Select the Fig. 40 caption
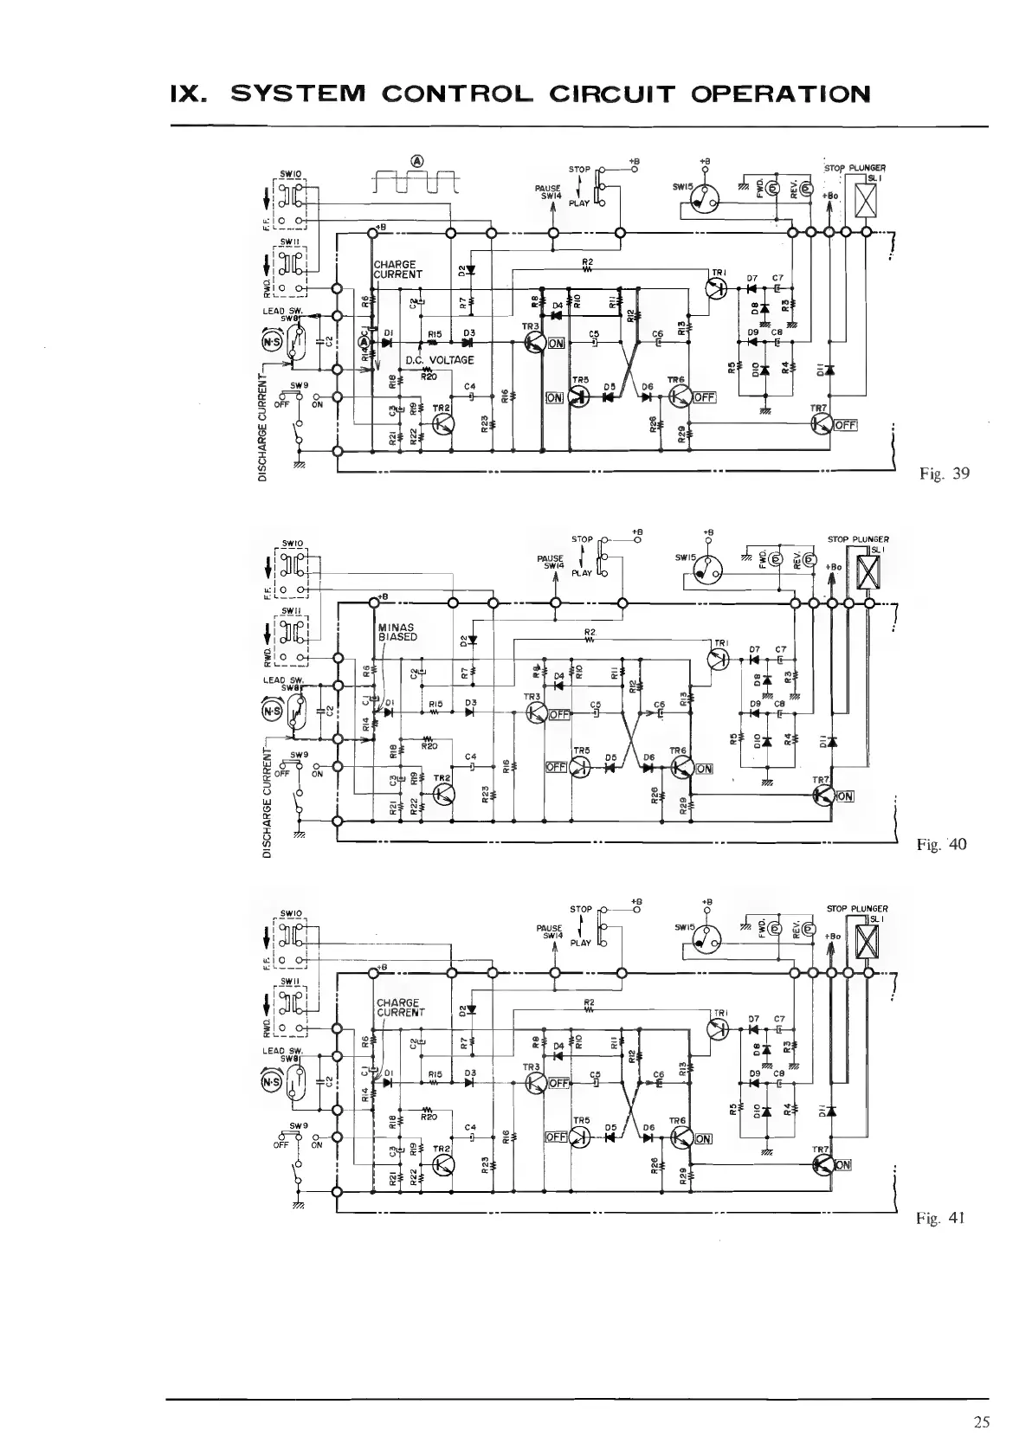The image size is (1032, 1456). (x=942, y=844)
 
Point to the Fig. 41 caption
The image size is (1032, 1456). (x=940, y=1218)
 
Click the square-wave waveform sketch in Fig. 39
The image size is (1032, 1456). (x=417, y=181)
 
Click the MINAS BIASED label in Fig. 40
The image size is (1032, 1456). (x=397, y=631)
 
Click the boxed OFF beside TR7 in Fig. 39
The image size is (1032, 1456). (x=845, y=425)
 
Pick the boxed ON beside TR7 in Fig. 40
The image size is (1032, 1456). (x=844, y=796)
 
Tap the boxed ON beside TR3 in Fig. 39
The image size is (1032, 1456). (x=555, y=344)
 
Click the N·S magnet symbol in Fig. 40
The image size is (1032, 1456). (x=270, y=712)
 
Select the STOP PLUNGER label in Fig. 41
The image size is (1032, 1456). (x=857, y=909)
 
